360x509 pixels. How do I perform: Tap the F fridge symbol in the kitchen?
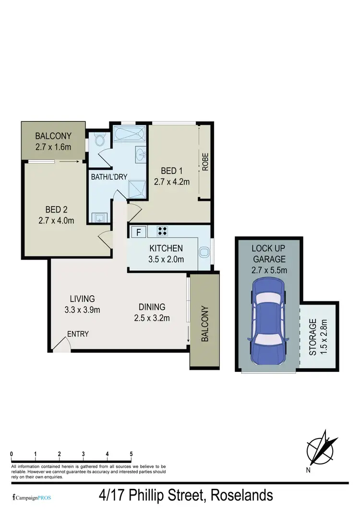tap(139, 233)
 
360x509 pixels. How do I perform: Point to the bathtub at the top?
tap(128, 134)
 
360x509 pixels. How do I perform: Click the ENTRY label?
tap(78, 334)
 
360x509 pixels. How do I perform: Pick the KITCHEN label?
tap(166, 249)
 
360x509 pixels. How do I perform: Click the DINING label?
tap(152, 307)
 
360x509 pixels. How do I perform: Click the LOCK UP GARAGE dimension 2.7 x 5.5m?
tap(269, 270)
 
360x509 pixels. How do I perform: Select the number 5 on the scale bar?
tap(131, 454)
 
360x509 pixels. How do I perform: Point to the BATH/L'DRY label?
tap(110, 177)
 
